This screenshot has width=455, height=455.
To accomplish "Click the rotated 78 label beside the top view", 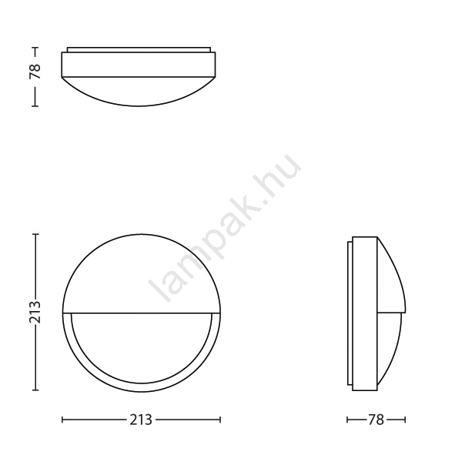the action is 35,72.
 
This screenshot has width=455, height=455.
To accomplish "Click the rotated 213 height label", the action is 35,313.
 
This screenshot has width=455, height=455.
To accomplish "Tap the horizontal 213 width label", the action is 141,420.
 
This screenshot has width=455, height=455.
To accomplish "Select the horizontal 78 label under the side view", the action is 376,420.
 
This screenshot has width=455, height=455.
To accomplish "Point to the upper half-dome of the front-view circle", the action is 142,273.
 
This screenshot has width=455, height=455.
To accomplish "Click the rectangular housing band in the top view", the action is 139,65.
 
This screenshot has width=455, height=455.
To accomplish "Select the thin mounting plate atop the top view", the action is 139,49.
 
